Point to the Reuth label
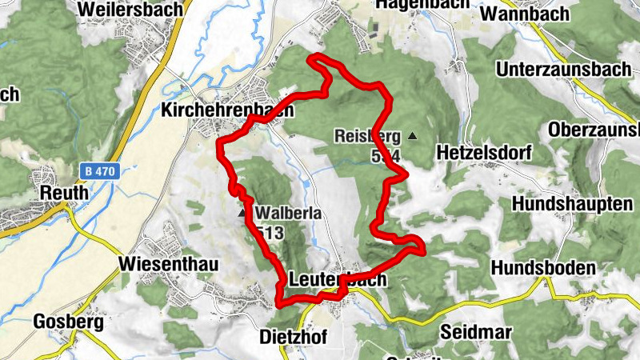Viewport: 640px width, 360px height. point(60,194)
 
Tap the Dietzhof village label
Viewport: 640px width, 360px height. point(294,337)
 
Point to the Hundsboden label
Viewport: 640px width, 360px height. point(544,266)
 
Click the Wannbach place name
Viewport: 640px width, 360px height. point(526,14)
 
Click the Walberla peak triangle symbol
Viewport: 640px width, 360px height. point(242,214)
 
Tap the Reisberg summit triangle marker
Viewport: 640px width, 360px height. point(413,136)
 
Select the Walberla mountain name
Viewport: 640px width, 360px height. point(289,214)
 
